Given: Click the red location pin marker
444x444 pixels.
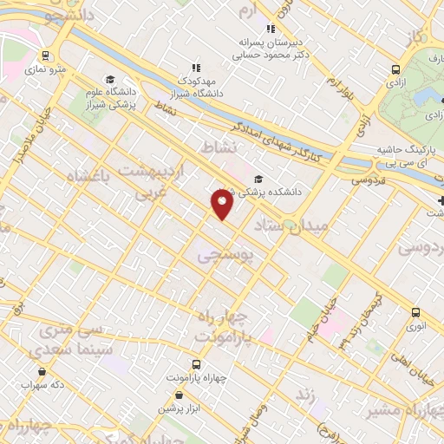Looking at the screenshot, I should coord(222,203).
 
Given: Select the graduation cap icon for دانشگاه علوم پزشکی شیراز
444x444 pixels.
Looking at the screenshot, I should coord(111,76).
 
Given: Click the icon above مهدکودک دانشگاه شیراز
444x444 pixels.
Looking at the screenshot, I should coord(196,66).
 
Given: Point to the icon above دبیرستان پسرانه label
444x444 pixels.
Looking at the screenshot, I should coord(271,28).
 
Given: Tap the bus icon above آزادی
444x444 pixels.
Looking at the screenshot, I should coord(396,69).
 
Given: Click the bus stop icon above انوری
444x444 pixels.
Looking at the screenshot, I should coord(416,312).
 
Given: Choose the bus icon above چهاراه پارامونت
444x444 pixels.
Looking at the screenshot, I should coord(196,364).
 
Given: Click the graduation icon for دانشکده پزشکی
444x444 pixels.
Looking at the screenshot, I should coord(258,180).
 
